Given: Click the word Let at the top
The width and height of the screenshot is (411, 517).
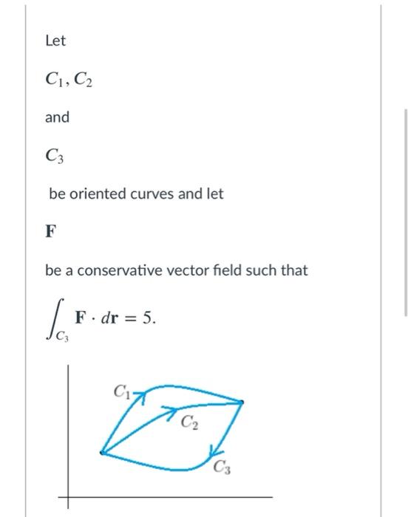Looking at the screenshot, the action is (55, 41).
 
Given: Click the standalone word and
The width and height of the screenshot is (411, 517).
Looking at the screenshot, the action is (57, 117).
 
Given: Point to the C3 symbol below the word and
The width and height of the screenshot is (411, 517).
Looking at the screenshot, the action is (54, 156).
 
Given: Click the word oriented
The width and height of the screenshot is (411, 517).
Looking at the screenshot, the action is (98, 194).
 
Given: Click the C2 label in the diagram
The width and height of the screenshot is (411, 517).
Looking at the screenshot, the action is (188, 423).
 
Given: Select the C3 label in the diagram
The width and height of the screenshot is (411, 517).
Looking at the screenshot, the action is (223, 466).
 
